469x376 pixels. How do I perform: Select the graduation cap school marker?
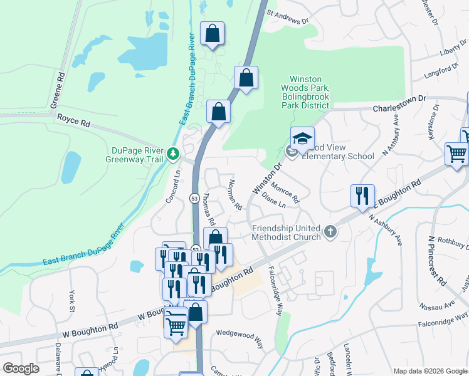click(x=302, y=138)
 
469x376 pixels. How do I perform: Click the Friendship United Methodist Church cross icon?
click(x=330, y=233)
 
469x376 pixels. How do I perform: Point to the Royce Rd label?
click(x=73, y=120)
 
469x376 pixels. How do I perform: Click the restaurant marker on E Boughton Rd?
click(x=362, y=196)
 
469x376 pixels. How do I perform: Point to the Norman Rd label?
click(x=235, y=194)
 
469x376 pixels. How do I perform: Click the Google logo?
click(x=21, y=368)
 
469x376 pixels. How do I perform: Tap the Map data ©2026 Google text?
click(x=430, y=371)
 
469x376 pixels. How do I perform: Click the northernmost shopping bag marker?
click(x=212, y=34)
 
